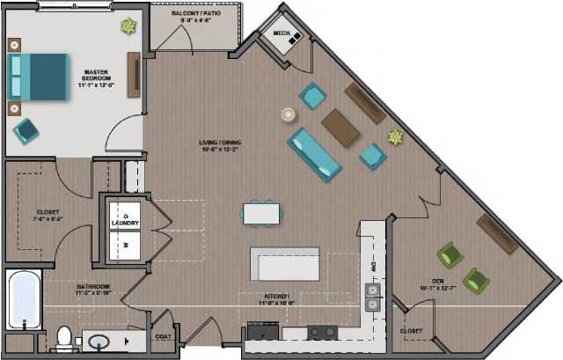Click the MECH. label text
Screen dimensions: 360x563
pyautogui.click(x=281, y=34)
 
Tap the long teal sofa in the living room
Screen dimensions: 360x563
pyautogui.click(x=314, y=154)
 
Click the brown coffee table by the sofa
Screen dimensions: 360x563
pyautogui.click(x=340, y=128)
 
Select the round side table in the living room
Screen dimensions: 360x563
pyautogui.click(x=288, y=114)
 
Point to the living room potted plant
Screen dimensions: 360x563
pyautogui.click(x=395, y=137)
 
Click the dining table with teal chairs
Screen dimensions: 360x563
pyautogui.click(x=261, y=213)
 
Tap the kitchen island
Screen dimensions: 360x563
pyautogui.click(x=285, y=262)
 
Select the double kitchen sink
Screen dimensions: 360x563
pyautogui.click(x=373, y=296)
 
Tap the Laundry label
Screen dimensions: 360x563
pyautogui.click(x=126, y=224)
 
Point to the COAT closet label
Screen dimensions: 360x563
pyautogui.click(x=163, y=335)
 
